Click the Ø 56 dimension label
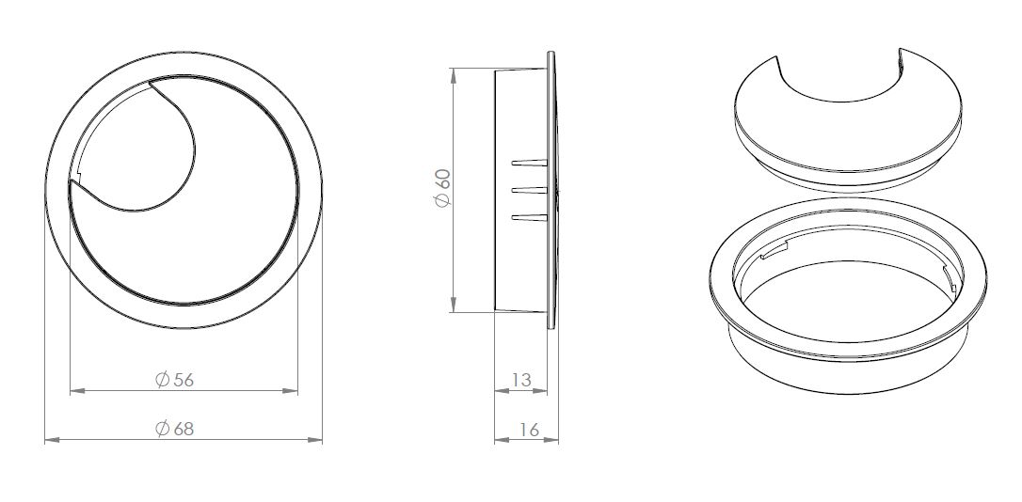[175, 380]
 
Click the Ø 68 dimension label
[175, 429]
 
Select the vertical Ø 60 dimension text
[442, 188]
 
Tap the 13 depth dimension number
[521, 380]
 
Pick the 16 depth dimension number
[529, 430]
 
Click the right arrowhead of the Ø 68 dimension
[315, 440]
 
